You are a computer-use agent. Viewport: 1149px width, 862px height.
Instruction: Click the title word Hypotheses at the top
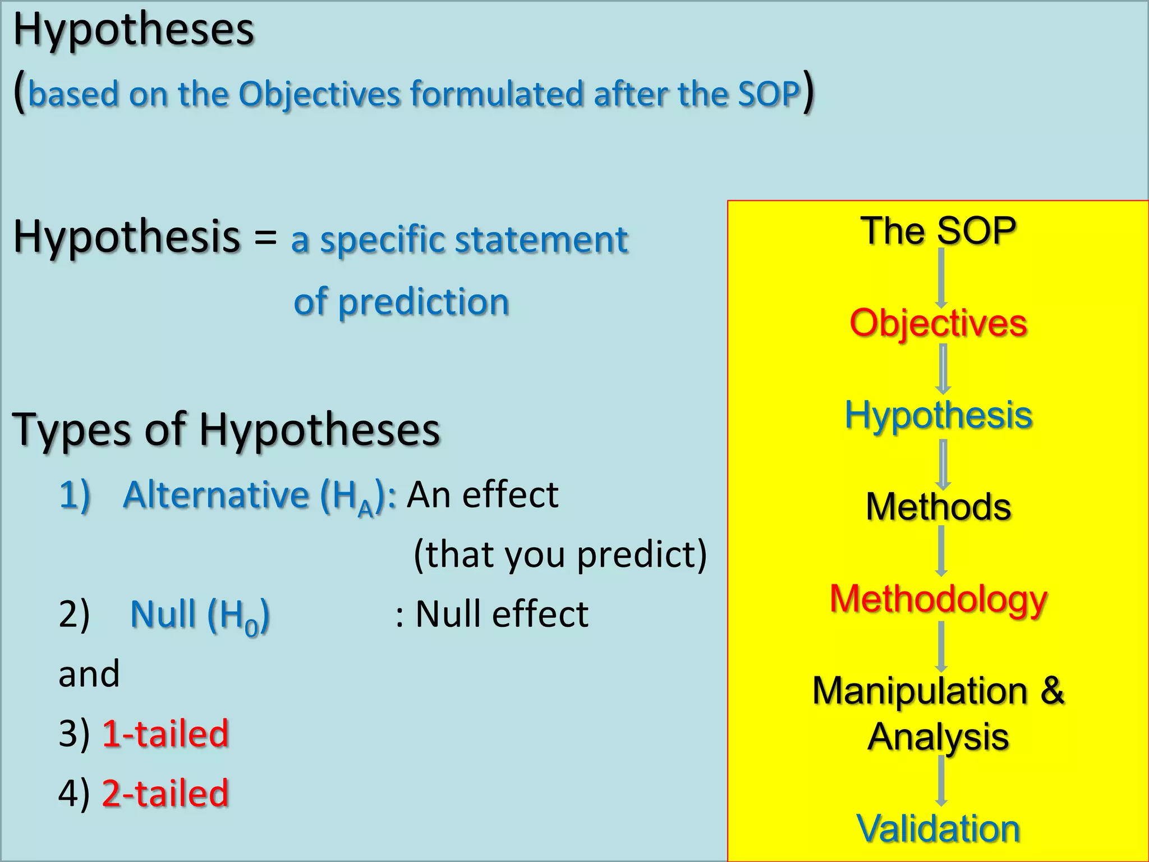click(134, 30)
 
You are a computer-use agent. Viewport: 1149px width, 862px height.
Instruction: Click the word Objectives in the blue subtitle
click(319, 94)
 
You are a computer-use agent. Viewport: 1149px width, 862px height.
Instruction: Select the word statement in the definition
click(541, 240)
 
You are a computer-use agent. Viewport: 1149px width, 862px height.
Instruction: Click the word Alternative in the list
click(215, 495)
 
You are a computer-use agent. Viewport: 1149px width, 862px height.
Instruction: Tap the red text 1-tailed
click(166, 733)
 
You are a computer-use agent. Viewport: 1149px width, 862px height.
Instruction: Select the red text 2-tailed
click(166, 793)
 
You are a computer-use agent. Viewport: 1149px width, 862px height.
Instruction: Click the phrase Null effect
click(502, 613)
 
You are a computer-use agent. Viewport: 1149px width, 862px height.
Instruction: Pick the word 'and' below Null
click(89, 673)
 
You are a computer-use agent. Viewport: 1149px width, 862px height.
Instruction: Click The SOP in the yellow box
click(939, 231)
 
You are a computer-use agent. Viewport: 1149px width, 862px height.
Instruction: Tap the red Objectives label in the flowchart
click(939, 323)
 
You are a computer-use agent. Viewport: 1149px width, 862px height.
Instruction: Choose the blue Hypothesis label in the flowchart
click(939, 415)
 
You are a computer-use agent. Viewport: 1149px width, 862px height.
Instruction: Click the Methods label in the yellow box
click(939, 507)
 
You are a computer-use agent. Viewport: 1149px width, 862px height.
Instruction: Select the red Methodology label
click(939, 599)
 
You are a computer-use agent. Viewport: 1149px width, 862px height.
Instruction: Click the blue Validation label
click(939, 828)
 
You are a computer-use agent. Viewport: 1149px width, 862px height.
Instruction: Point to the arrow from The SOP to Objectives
click(941, 277)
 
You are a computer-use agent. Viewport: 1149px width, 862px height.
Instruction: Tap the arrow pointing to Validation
click(941, 781)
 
